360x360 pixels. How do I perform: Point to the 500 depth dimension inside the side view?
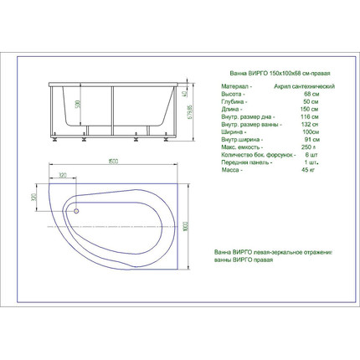click(78, 105)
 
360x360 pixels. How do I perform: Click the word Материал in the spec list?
click(234, 86)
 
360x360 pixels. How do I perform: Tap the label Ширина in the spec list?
click(232, 131)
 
